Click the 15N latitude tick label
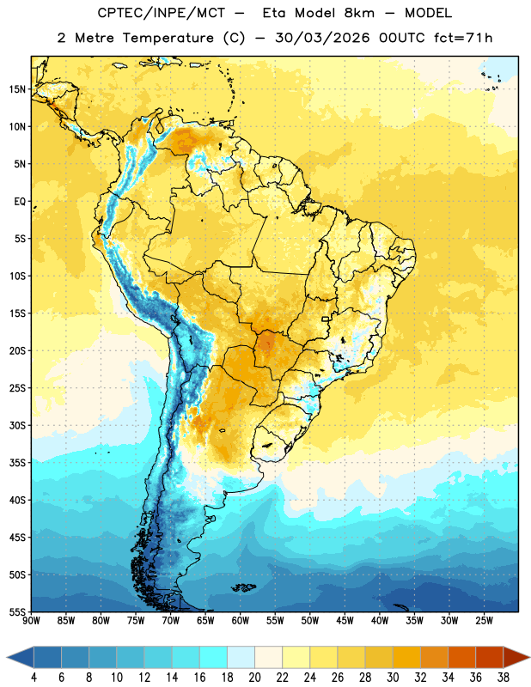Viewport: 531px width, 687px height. click(x=17, y=89)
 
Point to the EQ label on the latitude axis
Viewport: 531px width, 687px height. click(x=20, y=202)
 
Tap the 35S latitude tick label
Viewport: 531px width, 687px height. click(x=17, y=463)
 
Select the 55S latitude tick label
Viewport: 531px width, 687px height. click(x=17, y=611)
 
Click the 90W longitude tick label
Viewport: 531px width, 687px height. click(x=31, y=621)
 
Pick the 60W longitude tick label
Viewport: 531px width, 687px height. click(x=241, y=621)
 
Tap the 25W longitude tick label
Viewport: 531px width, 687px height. click(x=484, y=621)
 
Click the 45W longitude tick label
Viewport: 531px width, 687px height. click(x=345, y=621)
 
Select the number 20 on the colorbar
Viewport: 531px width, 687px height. click(x=254, y=678)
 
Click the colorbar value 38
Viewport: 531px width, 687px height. click(x=504, y=678)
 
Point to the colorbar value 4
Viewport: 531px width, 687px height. click(x=34, y=678)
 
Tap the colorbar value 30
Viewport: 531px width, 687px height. click(x=393, y=678)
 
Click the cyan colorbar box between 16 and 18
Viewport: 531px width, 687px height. click(x=214, y=657)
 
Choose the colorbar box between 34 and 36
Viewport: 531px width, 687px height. click(x=462, y=657)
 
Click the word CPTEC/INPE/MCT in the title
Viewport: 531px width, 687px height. click(x=161, y=13)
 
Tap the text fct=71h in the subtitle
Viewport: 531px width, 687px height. click(x=463, y=38)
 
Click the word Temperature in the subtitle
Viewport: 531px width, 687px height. click(x=168, y=38)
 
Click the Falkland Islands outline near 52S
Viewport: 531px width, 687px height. click(x=244, y=587)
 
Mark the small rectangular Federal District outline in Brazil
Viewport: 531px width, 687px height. click(x=326, y=319)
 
